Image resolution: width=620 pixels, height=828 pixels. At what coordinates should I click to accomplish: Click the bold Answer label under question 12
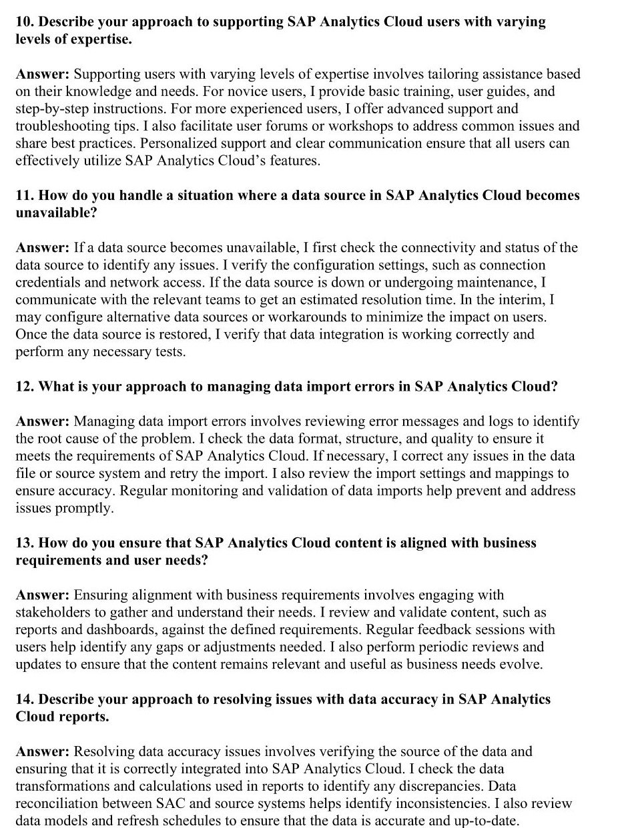tap(43, 422)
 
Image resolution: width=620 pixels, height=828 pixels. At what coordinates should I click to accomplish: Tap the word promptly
tap(83, 509)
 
